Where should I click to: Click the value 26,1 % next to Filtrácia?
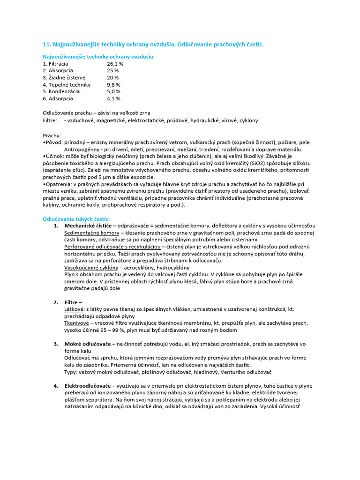[x=115, y=63]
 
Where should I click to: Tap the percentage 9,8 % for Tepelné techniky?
[x=114, y=85]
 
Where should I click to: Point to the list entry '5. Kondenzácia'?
[x=61, y=92]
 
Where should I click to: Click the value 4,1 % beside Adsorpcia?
[x=113, y=99]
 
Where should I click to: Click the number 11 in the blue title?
[x=46, y=44]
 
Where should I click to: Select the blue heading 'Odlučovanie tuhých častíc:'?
[x=76, y=219]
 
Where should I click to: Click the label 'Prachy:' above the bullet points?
[x=52, y=135]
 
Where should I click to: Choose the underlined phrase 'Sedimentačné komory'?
[x=91, y=233]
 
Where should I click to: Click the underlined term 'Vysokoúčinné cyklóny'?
[x=91, y=268]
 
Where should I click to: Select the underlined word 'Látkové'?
[x=74, y=309]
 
